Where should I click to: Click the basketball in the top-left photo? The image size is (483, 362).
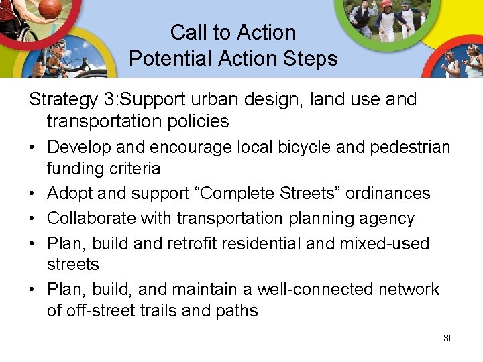pyautogui.click(x=50, y=8)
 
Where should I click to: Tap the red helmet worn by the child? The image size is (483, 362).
pyautogui.click(x=386, y=4)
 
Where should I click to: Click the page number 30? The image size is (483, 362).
pyautogui.click(x=449, y=338)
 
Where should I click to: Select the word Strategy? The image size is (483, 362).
pyautogui.click(x=64, y=100)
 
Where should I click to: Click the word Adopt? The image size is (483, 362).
pyautogui.click(x=70, y=194)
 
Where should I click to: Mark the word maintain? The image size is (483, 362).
pyautogui.click(x=202, y=290)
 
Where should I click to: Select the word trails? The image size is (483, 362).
pyautogui.click(x=157, y=311)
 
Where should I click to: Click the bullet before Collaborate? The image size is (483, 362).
pyautogui.click(x=34, y=219)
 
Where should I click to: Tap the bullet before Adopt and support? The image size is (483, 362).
pyautogui.click(x=34, y=194)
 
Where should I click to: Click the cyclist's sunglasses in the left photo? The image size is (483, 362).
pyautogui.click(x=58, y=49)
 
